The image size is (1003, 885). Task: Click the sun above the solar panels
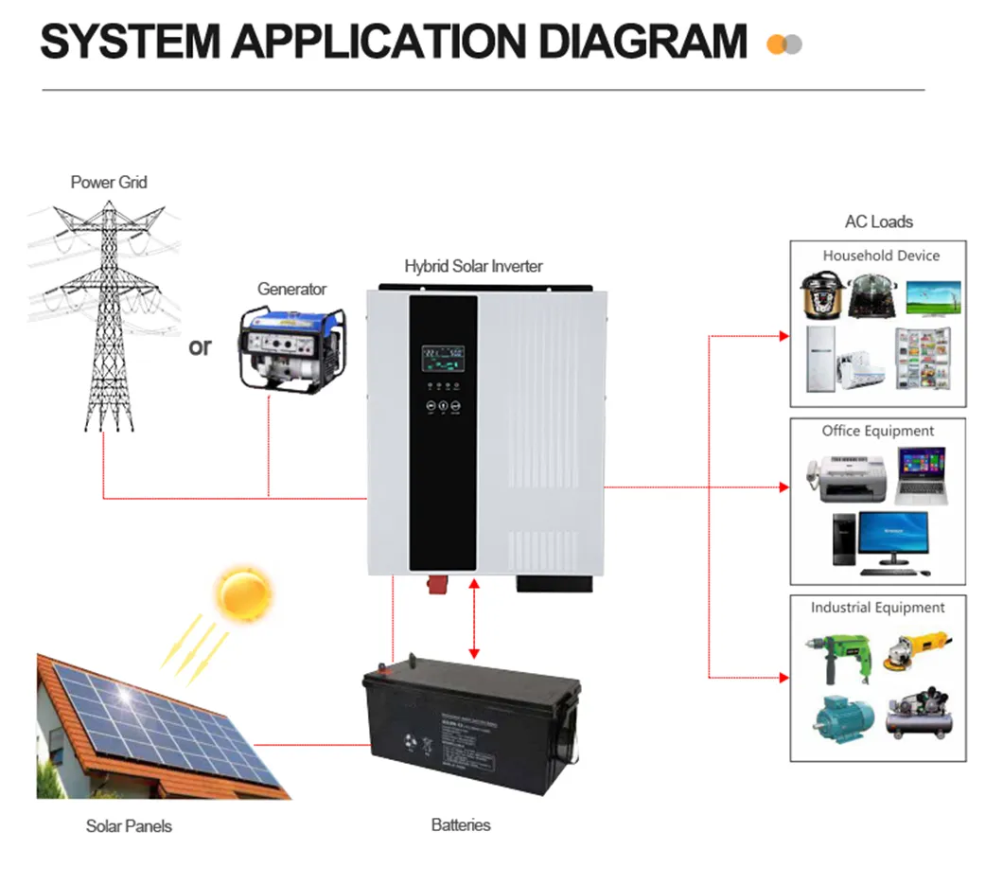pyautogui.click(x=244, y=593)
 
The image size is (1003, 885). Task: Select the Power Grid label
pyautogui.click(x=109, y=182)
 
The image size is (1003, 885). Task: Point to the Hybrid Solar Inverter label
pyautogui.click(x=473, y=266)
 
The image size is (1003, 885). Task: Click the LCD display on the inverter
pyautogui.click(x=443, y=358)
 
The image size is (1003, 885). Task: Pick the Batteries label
pyautogui.click(x=461, y=824)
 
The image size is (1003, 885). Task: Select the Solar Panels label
pyautogui.click(x=129, y=825)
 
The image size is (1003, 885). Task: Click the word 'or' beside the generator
pyautogui.click(x=200, y=346)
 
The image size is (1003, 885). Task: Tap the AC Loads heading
pyautogui.click(x=878, y=221)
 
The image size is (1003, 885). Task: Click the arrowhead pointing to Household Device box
pyautogui.click(x=783, y=336)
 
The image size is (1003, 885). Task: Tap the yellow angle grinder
pyautogui.click(x=916, y=650)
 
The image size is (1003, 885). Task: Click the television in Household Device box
pyautogui.click(x=936, y=297)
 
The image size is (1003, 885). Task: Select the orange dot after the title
pyautogui.click(x=776, y=44)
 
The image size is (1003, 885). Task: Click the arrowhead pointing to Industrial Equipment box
pyautogui.click(x=783, y=678)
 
